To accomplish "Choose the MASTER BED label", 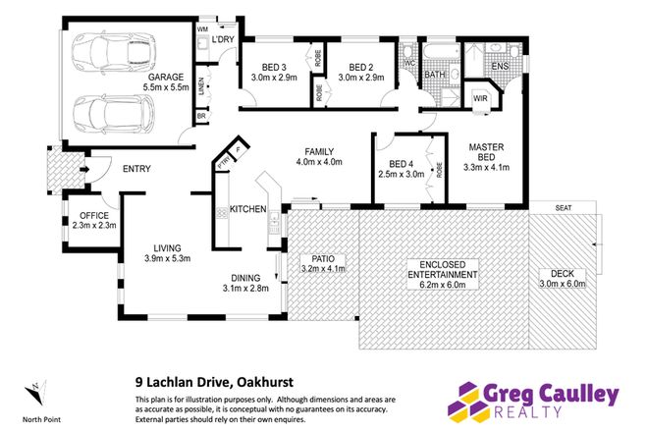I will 485,152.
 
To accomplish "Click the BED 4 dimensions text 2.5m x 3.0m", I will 406,175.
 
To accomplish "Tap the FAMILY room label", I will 320,150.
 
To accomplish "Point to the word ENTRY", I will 136,169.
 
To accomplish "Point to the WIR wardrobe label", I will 482,98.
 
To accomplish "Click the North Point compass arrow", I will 35,391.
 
